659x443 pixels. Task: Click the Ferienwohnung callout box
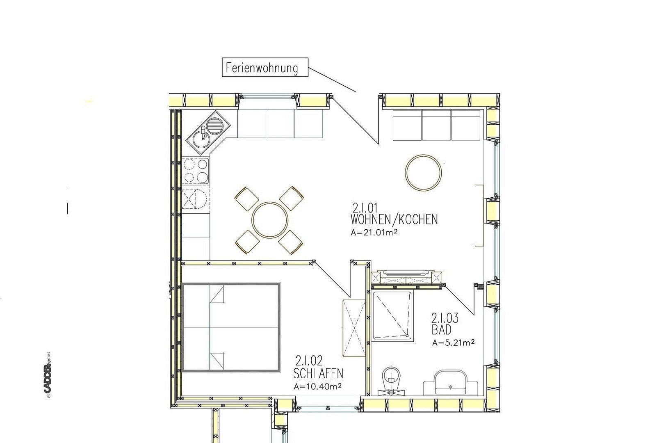click(265, 67)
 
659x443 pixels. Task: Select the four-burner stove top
click(196, 171)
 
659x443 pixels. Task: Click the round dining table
click(269, 219)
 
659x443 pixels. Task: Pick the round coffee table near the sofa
click(424, 172)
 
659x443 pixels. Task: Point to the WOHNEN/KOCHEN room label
click(394, 219)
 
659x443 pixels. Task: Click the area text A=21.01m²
click(375, 233)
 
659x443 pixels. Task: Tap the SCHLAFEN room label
click(319, 373)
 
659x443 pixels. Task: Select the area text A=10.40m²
click(318, 386)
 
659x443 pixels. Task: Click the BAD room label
click(441, 330)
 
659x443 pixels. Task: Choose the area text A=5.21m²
click(453, 343)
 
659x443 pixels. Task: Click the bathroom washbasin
click(450, 381)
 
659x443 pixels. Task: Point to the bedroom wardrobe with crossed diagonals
click(353, 328)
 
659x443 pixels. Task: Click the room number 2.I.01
click(367, 207)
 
